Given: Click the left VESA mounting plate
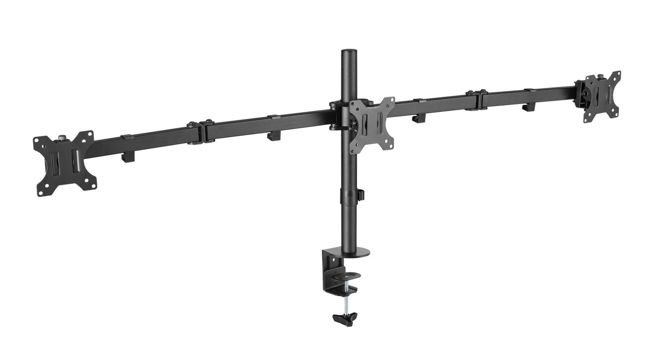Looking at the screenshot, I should pos(65,163).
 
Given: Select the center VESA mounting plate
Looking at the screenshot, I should pos(371,124).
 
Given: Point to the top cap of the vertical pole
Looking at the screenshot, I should pos(346,49).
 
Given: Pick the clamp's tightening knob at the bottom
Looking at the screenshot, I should pos(345,317).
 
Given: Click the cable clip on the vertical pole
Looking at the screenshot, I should pos(361,194).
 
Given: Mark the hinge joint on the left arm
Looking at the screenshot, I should pos(201,132).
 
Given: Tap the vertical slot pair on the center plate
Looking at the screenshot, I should pos(371,124).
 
